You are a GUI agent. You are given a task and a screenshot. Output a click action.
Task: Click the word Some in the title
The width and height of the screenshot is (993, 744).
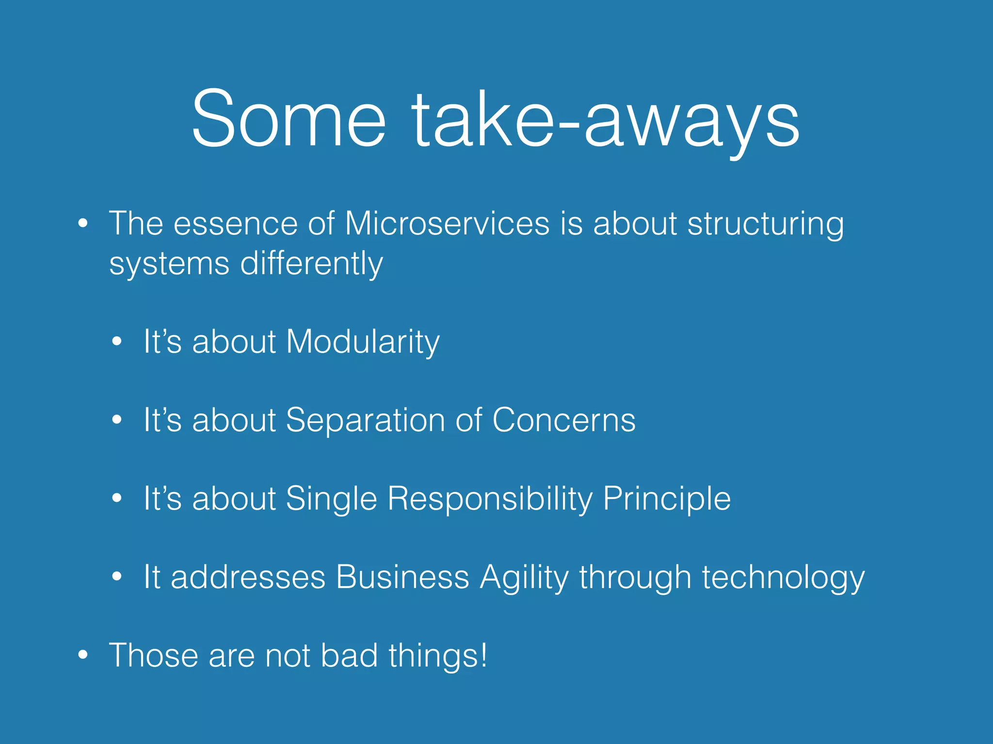289,118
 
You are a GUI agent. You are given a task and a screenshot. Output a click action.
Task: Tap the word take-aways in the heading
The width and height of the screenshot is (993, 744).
606,118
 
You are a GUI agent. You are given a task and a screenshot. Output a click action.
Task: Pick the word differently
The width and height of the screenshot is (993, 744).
311,264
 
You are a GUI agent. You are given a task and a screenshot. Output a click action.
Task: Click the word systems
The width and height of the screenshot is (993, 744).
169,264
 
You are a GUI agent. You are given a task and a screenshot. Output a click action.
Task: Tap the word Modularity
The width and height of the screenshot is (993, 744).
363,342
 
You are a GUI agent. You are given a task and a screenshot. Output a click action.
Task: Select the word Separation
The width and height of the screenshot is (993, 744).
365,420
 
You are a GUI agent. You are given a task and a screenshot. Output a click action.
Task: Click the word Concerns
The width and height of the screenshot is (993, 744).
563,420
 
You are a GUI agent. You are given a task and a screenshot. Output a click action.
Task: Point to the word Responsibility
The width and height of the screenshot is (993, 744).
490,498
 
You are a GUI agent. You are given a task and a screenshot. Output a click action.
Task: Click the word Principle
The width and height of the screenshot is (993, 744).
667,498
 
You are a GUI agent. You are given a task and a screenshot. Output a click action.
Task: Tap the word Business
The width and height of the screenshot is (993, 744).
402,577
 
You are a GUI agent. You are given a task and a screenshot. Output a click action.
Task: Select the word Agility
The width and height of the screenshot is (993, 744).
524,577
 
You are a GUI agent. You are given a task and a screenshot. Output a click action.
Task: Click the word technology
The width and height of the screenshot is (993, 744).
783,577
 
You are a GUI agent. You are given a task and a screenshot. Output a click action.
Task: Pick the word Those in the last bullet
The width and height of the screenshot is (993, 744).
154,655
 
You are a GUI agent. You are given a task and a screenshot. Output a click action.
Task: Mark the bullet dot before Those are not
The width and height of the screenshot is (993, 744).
83,655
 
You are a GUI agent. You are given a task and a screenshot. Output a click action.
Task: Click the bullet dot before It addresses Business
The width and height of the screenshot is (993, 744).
116,576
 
